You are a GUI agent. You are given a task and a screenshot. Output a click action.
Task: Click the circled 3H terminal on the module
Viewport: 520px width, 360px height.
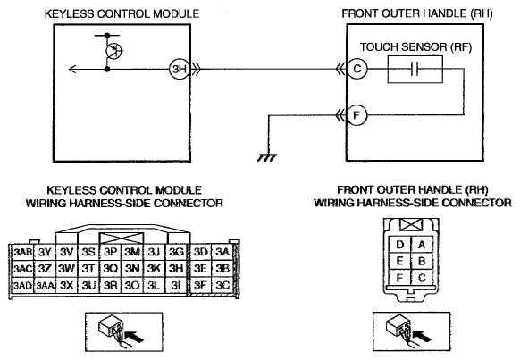tap(179, 69)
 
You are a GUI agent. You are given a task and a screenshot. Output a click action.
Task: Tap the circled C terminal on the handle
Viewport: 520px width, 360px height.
tap(357, 69)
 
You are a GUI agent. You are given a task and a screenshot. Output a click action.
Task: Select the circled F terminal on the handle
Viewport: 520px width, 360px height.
tap(357, 115)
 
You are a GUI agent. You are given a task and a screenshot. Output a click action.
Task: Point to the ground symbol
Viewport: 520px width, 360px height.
tap(267, 157)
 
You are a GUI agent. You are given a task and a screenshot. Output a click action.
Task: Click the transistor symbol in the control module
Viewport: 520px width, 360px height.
tap(113, 51)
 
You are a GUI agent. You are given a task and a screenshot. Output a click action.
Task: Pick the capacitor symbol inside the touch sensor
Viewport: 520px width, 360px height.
tap(415, 70)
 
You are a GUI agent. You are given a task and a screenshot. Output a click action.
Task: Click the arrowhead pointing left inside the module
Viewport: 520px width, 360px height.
tap(72, 69)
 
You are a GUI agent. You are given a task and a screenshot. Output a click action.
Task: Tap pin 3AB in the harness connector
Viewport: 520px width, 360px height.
tap(22, 252)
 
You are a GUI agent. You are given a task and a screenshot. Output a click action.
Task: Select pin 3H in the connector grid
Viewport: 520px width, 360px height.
tap(176, 268)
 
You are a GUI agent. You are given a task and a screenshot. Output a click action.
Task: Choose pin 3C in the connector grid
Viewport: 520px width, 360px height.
tap(222, 285)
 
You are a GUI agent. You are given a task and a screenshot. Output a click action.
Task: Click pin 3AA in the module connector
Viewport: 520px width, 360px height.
tap(45, 285)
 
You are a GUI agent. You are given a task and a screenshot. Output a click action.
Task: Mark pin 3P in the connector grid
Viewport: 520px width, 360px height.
tap(110, 252)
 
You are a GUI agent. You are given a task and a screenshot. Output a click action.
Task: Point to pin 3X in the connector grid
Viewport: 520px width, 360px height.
tap(66, 285)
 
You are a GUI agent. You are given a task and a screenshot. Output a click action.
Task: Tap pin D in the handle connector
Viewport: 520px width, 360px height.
tap(400, 245)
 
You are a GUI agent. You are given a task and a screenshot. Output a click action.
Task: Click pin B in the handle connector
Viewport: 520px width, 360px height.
tap(422, 261)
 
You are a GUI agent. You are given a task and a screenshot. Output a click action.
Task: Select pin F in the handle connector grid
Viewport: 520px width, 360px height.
tap(400, 278)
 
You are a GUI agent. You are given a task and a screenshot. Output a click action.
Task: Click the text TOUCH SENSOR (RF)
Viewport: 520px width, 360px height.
tap(415, 47)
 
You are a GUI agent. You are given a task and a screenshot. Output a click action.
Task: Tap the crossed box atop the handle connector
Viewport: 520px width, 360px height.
tap(411, 225)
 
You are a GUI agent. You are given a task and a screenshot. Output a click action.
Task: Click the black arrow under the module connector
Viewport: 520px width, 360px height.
tap(135, 337)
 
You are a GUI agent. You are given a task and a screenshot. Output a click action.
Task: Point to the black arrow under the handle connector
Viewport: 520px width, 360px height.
tap(423, 337)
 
